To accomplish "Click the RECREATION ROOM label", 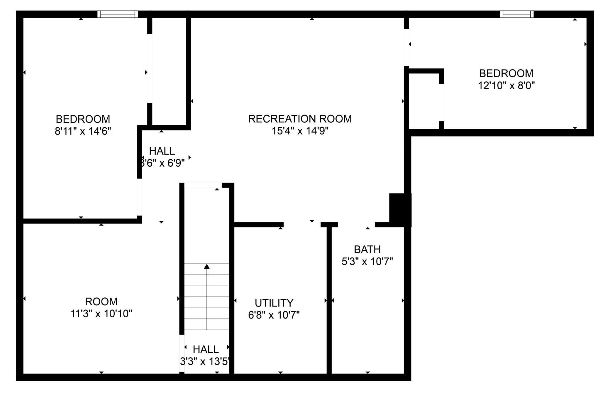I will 300,119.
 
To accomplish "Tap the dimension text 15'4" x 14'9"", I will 300,131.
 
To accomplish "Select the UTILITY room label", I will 274,303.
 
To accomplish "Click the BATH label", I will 367,250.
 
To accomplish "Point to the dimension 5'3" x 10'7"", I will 367,261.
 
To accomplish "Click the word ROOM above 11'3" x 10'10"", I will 101,302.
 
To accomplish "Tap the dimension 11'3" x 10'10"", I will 101,314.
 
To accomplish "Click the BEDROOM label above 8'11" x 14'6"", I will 83,119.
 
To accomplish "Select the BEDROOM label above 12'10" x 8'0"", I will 506,73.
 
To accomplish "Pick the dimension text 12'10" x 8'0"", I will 506,86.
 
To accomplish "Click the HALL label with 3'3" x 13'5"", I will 206,349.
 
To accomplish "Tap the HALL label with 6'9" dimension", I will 162,151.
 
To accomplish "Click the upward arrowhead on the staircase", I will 207,266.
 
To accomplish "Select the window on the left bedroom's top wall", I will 118,14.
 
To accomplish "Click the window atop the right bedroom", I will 516,14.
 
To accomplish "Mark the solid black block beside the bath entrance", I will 400,209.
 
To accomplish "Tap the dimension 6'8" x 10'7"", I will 274,315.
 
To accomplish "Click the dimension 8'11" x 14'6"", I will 83,131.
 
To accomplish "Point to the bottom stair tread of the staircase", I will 207,324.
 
